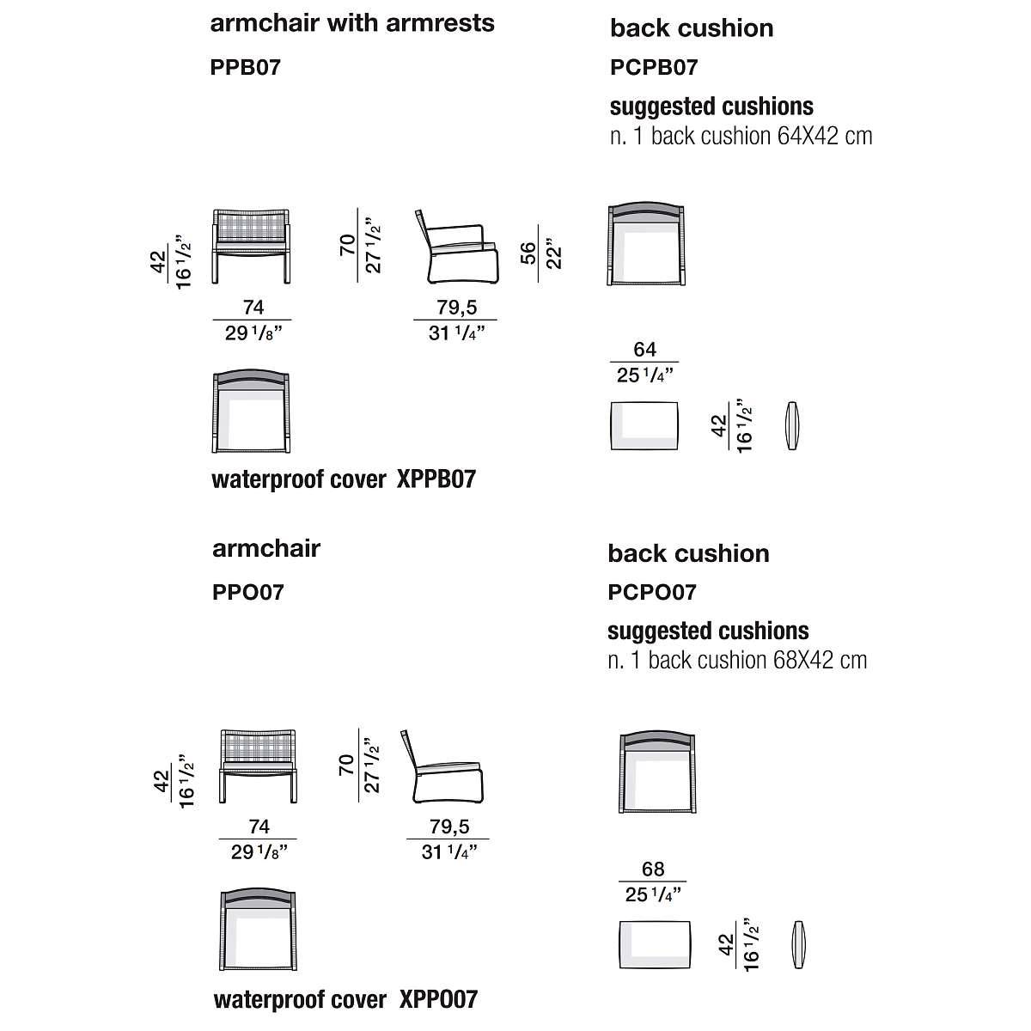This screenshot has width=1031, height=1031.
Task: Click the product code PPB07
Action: (x=245, y=67)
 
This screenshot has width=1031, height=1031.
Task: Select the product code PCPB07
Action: (x=654, y=67)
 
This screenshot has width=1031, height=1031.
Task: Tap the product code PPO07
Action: (x=247, y=592)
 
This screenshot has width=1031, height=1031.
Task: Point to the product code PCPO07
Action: (x=652, y=592)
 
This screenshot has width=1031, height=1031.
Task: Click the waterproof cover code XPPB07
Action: (x=436, y=479)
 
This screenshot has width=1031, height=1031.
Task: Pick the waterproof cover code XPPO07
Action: (x=438, y=999)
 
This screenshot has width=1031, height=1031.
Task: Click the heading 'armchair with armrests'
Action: (x=352, y=23)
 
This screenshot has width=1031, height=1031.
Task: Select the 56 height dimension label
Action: (x=528, y=252)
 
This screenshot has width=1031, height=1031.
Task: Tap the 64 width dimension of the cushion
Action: (x=644, y=350)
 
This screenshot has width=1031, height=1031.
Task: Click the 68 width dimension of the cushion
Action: (x=653, y=869)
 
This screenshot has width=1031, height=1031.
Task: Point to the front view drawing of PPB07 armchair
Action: (x=250, y=245)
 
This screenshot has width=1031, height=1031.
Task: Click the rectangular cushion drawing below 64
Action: (x=644, y=424)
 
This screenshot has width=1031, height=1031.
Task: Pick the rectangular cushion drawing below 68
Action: (x=655, y=944)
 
